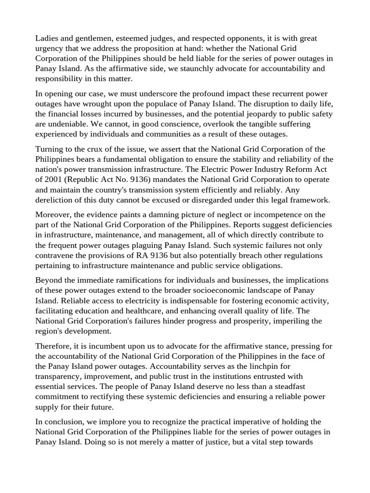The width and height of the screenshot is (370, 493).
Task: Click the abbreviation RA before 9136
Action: pos(157,255)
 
